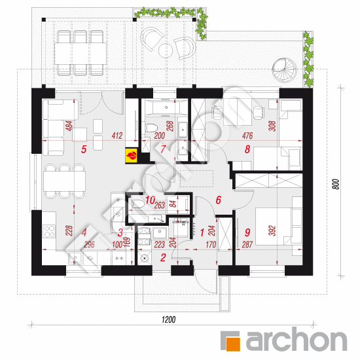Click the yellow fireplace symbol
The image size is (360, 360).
tap(131, 156)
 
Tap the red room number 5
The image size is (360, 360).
tap(84, 149)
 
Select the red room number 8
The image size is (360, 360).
tap(247, 149)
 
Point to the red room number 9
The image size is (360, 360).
tap(247, 232)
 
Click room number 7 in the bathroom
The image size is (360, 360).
tap(163, 149)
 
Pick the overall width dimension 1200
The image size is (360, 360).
tap(168, 319)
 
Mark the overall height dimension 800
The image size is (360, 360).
tap(336, 184)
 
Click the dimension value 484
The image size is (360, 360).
tap(69, 126)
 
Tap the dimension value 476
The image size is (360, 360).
tap(247, 135)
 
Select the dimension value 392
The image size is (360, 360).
tap(272, 230)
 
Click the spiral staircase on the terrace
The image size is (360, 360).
tap(284, 69)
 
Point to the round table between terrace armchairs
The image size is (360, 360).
tap(166, 50)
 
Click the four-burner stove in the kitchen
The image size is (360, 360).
tap(49, 232)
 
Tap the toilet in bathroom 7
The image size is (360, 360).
tap(151, 128)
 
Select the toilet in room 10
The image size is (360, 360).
tap(138, 204)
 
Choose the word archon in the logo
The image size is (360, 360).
tap(296, 339)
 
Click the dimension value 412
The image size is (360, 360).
tap(117, 135)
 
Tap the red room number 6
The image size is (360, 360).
tap(219, 200)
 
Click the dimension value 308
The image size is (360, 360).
tap(272, 126)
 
